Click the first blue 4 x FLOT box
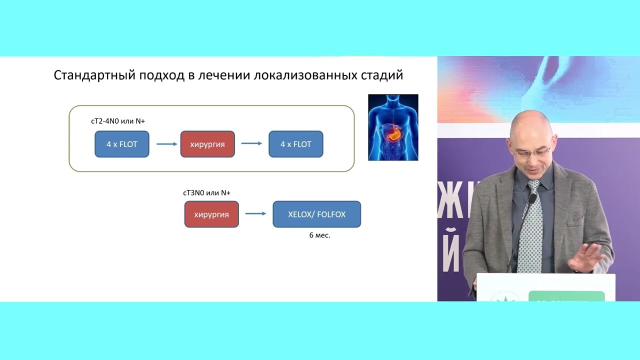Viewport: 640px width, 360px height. pos(122,144)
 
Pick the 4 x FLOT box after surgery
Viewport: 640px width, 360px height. pos(296,144)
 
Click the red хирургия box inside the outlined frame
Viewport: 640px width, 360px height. pos(207,144)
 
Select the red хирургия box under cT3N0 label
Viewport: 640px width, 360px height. pos(211,214)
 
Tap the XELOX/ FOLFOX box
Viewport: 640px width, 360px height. pos(316,214)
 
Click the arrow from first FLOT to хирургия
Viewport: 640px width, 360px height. pos(166,144)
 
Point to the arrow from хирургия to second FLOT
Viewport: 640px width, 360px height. pos(251,144)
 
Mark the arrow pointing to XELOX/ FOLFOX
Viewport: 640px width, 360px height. pos(255,214)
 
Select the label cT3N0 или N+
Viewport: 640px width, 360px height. pos(206,193)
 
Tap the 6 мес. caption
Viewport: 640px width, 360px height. pos(319,235)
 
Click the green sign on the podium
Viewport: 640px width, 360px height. pos(566,296)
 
